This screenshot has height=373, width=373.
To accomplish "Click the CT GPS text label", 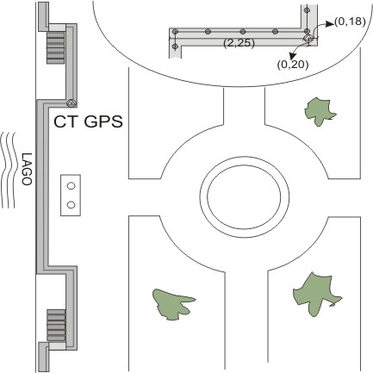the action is [x=88, y=121].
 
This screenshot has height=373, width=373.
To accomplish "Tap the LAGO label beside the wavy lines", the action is [x=27, y=169].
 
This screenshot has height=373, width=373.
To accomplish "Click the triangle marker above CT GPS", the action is [x=71, y=103].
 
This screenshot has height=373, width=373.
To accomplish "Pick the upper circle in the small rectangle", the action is [x=71, y=186].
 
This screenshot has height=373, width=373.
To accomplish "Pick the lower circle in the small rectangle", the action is [x=71, y=205].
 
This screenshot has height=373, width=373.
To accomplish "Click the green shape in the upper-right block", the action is [x=319, y=111].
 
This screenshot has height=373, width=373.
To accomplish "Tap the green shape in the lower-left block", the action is [x=171, y=304].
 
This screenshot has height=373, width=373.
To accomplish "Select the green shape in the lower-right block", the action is [x=316, y=295].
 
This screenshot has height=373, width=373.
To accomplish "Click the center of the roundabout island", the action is [x=244, y=196].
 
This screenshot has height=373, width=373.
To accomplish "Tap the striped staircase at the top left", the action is [x=56, y=47].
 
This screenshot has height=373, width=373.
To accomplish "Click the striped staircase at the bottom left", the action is [x=56, y=326].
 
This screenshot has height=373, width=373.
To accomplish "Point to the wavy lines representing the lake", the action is [x=8, y=171].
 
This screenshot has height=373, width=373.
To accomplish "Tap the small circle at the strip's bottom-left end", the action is [x=175, y=46].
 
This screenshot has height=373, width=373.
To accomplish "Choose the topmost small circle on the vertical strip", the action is [x=307, y=10].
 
